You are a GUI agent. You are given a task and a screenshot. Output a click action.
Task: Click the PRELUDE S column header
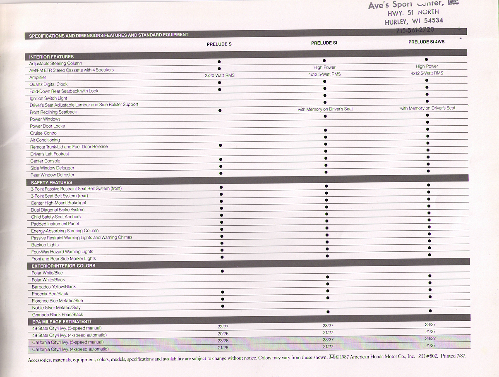(219, 44)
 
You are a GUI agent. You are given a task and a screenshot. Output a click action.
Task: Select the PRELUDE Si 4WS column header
(426, 42)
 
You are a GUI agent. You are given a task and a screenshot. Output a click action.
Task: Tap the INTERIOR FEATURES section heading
(51, 57)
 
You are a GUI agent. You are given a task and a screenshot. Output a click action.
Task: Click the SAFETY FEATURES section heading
(52, 182)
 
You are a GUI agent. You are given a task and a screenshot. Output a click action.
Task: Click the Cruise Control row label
(44, 133)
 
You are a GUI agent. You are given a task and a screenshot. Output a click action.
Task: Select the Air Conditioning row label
(45, 140)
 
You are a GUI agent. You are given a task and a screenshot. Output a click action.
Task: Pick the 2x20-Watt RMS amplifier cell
(219, 76)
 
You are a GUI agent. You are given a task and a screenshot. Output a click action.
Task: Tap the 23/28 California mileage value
(223, 341)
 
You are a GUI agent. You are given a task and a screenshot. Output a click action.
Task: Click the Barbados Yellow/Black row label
(54, 286)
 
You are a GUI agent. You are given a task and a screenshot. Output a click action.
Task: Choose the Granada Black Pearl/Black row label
(58, 315)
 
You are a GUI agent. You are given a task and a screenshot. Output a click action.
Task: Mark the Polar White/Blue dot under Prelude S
(222, 271)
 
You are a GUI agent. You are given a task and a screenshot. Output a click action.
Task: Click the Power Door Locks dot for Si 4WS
(427, 122)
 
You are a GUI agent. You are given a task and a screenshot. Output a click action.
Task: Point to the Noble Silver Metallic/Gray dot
(223, 306)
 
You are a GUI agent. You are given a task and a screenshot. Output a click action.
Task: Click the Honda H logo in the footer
(331, 356)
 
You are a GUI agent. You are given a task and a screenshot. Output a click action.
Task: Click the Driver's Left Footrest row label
(50, 154)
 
